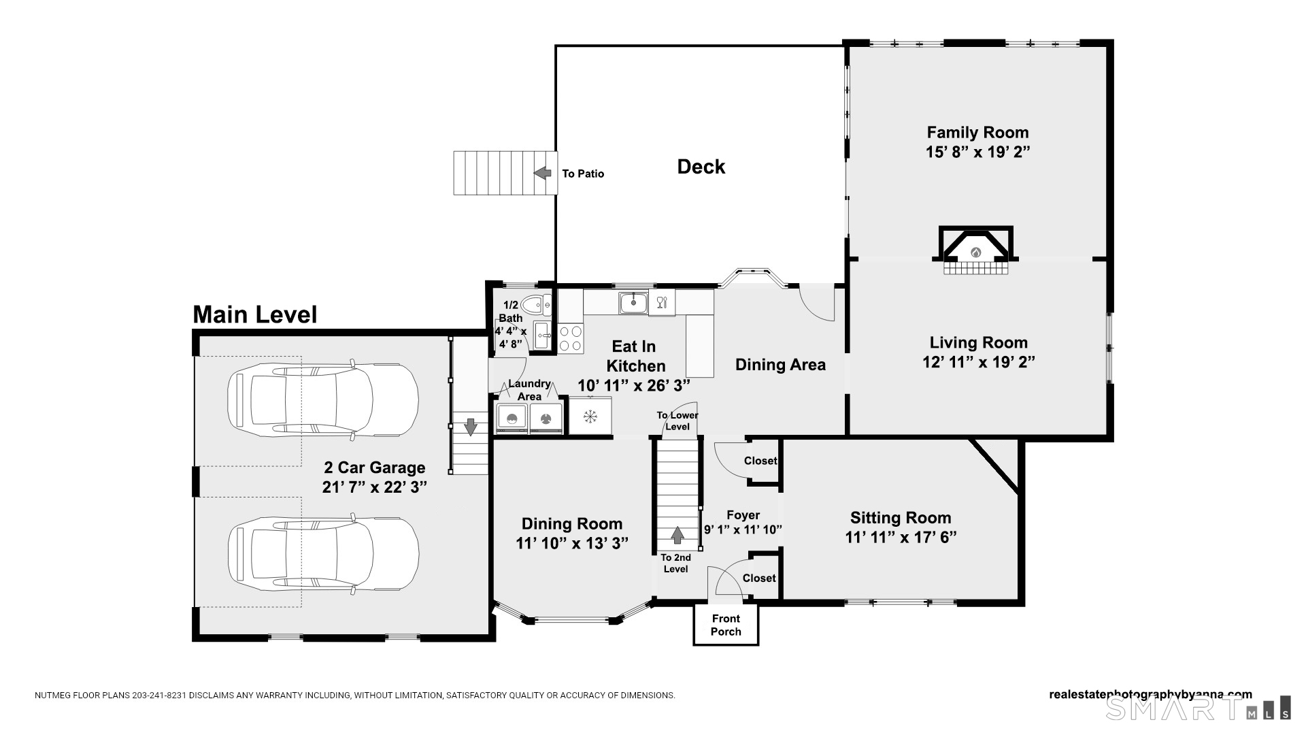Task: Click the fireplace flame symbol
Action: click(975, 252)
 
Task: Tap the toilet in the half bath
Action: click(536, 304)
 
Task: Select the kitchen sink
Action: click(633, 302)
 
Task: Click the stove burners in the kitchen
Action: click(571, 339)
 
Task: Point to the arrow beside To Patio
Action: click(542, 173)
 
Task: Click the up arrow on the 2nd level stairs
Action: click(677, 535)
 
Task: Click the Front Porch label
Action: click(726, 625)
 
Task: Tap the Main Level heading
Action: click(255, 314)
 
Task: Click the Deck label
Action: click(701, 167)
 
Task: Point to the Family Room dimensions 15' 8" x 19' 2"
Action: click(977, 152)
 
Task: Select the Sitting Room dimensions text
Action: click(901, 538)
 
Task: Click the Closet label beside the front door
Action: click(759, 578)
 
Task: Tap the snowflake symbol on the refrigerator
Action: click(590, 415)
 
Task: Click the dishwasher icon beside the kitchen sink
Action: click(662, 302)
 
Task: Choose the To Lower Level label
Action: click(677, 421)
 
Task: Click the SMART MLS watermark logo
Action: click(1198, 708)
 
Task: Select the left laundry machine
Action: click(512, 418)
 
